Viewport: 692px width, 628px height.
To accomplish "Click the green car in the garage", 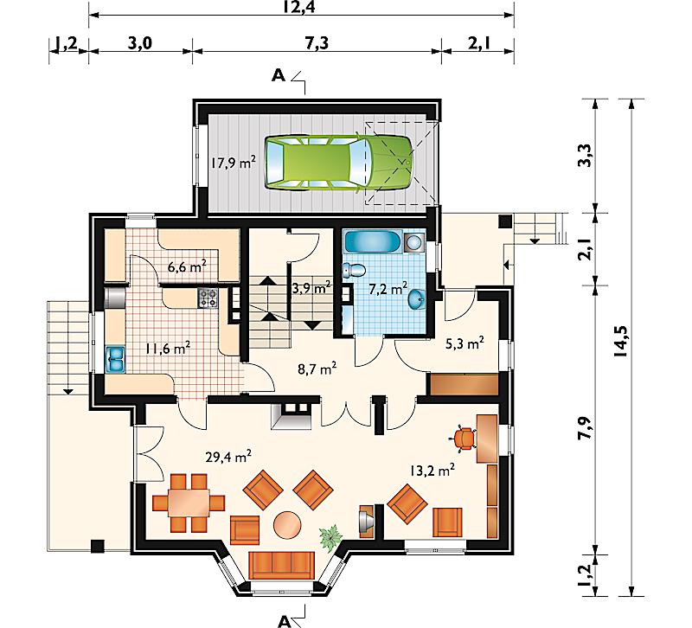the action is (338, 163).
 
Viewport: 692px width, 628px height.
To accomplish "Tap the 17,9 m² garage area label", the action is (233, 163).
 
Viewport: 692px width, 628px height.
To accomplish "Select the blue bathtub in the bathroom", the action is (373, 242).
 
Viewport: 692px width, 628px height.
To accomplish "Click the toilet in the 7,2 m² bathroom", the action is (354, 270).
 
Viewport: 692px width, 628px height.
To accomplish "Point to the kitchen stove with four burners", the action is (208, 298).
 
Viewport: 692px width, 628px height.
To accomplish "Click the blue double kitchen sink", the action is (115, 359).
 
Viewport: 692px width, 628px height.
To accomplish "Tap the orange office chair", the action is (463, 439).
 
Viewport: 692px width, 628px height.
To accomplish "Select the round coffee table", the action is (287, 525).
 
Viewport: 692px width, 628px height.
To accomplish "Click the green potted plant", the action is (330, 536).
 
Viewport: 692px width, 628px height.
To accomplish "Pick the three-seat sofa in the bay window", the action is (282, 566).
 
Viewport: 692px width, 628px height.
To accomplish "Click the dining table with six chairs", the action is (189, 503).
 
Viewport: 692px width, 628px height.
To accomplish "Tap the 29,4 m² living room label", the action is (228, 457).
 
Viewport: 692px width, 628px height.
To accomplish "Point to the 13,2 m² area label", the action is (432, 470).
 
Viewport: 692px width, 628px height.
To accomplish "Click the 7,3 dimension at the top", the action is (317, 44).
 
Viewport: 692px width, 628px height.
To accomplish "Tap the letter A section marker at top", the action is (279, 76).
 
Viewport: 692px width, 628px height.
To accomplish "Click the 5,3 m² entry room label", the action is (465, 343).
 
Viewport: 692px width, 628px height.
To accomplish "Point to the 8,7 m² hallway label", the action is (317, 368).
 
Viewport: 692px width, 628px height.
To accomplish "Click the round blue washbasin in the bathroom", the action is (417, 299).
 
